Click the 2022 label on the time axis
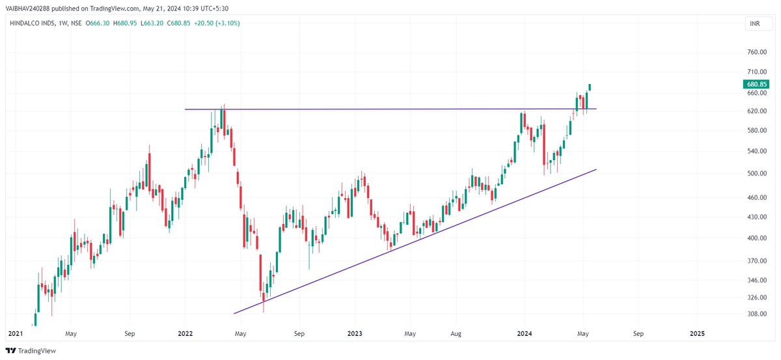[x=185, y=333]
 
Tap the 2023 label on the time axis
[x=355, y=333]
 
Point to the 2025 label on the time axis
[x=697, y=333]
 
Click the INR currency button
[x=753, y=24]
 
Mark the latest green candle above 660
[x=590, y=87]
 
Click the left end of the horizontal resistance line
[x=185, y=109]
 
